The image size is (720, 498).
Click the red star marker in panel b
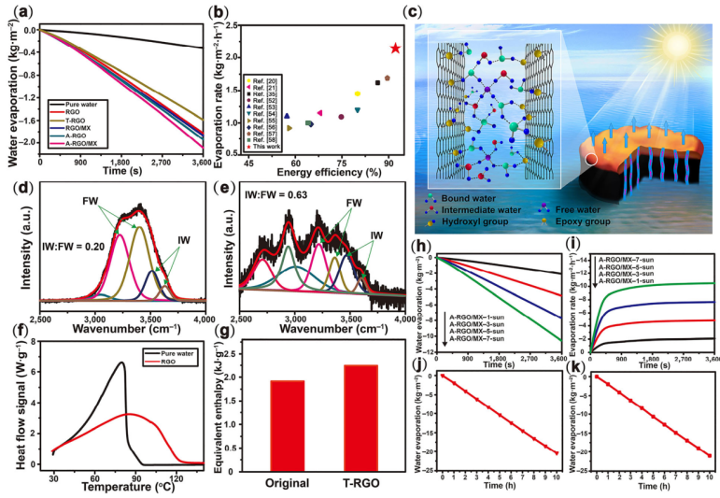395,49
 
